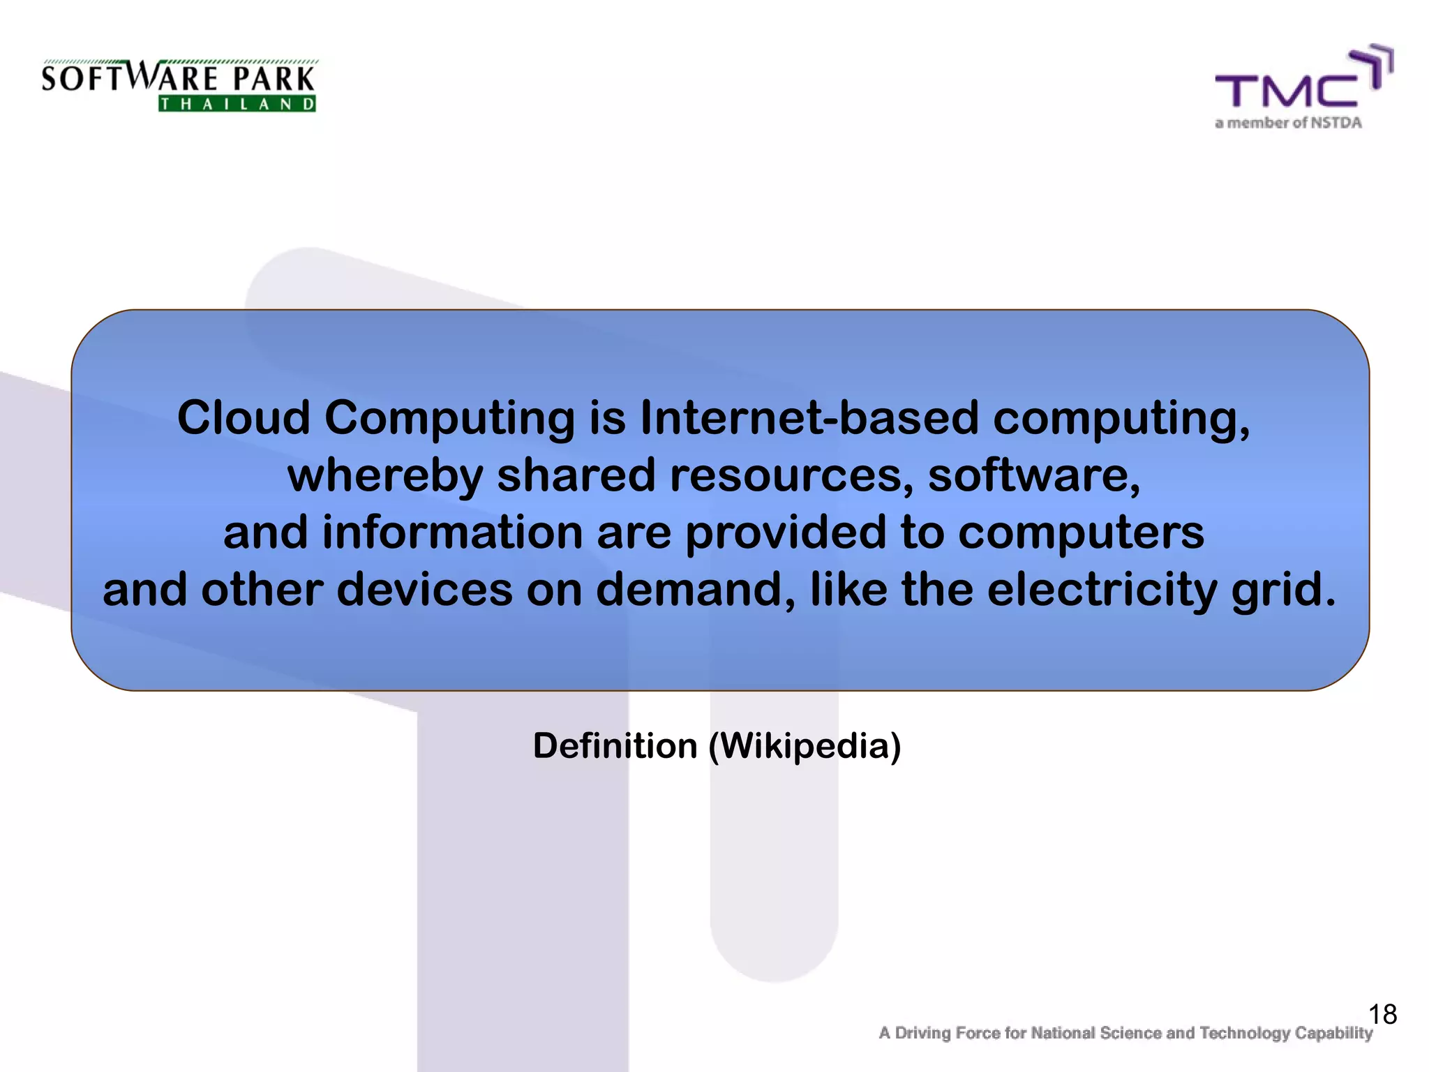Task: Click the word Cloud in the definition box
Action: pyautogui.click(x=244, y=418)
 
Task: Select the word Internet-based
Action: pyautogui.click(x=809, y=418)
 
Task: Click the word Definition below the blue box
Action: pyautogui.click(x=615, y=746)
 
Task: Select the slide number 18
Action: pyautogui.click(x=1382, y=1014)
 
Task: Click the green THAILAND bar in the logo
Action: pyautogui.click(x=237, y=105)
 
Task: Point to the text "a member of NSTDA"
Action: pyautogui.click(x=1288, y=124)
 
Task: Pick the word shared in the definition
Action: pyautogui.click(x=576, y=475)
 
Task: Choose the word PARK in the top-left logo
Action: pyautogui.click(x=274, y=79)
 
